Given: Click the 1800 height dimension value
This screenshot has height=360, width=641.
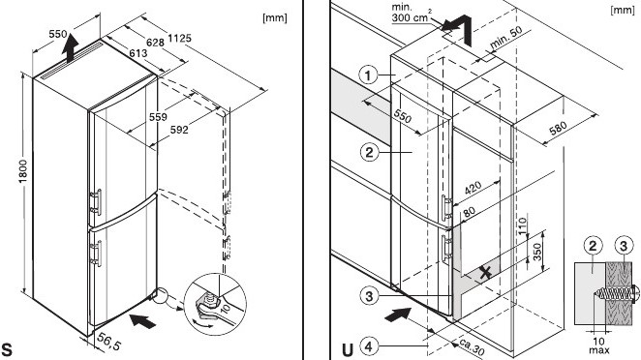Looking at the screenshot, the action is (x=23, y=171).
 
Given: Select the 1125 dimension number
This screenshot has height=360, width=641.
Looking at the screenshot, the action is (x=179, y=38).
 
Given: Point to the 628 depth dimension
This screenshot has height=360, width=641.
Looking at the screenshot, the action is (x=155, y=42).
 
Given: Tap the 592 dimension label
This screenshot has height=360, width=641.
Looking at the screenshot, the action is (x=179, y=130).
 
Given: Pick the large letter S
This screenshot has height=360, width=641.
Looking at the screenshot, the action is (x=7, y=349).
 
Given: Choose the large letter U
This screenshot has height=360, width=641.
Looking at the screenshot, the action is (x=347, y=349).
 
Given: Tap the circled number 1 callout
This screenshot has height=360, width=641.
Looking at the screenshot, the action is (x=368, y=75).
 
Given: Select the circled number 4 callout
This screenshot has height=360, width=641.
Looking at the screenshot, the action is (x=369, y=347).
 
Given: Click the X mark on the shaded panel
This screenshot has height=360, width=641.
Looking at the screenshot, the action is (x=485, y=272).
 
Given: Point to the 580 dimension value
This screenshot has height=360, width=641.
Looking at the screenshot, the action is (x=558, y=129).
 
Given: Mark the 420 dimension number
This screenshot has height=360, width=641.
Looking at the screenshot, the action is (x=473, y=187).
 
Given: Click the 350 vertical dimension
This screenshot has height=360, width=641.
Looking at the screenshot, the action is (x=537, y=252).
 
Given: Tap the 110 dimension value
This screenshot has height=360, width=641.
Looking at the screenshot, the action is (x=523, y=225).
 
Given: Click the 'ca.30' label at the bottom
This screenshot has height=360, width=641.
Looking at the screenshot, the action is (x=472, y=346).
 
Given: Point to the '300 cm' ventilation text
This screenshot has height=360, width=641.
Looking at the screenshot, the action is (x=410, y=17).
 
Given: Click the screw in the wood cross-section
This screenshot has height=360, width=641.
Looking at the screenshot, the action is (x=614, y=292).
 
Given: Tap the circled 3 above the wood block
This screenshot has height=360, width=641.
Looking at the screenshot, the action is (x=624, y=246).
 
